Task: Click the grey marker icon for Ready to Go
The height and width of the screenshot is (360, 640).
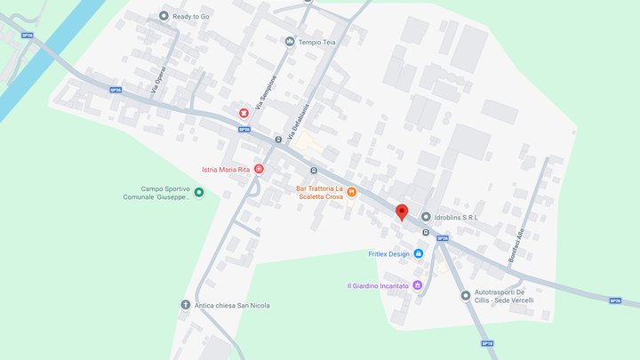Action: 164,15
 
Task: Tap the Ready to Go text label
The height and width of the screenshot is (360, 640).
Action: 192,15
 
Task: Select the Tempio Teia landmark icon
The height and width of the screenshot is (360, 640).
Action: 290,41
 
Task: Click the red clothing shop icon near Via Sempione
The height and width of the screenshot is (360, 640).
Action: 244,112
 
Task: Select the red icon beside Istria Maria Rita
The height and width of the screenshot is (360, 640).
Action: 259,168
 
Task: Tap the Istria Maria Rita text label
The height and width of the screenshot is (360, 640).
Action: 226,169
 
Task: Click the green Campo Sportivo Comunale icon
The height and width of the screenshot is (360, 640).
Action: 199,192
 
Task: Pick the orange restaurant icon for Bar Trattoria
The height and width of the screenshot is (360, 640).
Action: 352,191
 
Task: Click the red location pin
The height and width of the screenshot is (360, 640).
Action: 401,212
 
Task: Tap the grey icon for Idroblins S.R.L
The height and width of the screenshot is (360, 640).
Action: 426,217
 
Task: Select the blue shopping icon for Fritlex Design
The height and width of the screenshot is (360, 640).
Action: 419,253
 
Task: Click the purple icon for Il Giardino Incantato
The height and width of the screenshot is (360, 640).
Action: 419,285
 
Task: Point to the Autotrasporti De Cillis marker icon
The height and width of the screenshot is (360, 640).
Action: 465,295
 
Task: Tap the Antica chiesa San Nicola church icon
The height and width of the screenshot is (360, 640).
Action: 186,305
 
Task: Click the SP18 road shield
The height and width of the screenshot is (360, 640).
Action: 486,343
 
